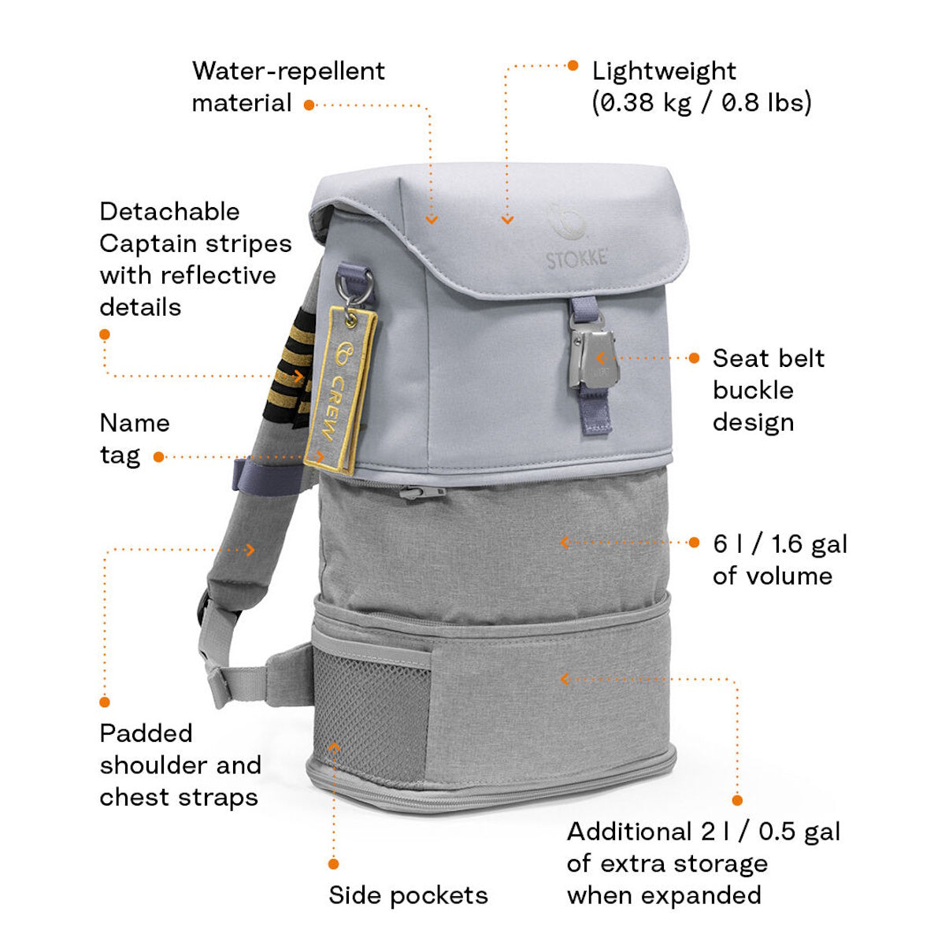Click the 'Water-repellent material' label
coord(287,87)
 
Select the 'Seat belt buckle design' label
coord(768,390)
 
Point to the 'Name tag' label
coord(134,439)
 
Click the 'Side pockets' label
coord(408,895)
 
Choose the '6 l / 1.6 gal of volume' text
coord(780,559)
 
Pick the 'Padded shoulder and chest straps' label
coord(180,765)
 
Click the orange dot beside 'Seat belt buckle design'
coord(694,358)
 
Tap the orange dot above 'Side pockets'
coord(334,864)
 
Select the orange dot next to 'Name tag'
coord(158,457)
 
